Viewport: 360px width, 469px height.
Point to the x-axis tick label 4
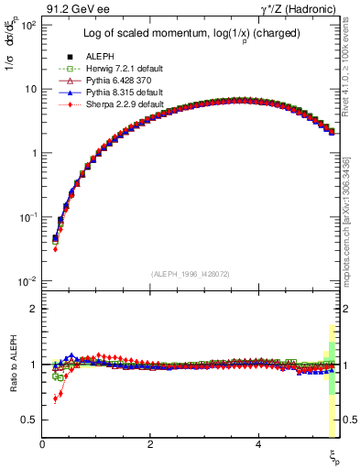tap(258, 444)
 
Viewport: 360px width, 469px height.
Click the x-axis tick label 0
tap(43, 444)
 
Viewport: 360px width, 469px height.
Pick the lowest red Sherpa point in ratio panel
tap(55, 399)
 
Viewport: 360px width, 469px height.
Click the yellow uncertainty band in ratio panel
tap(331, 403)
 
